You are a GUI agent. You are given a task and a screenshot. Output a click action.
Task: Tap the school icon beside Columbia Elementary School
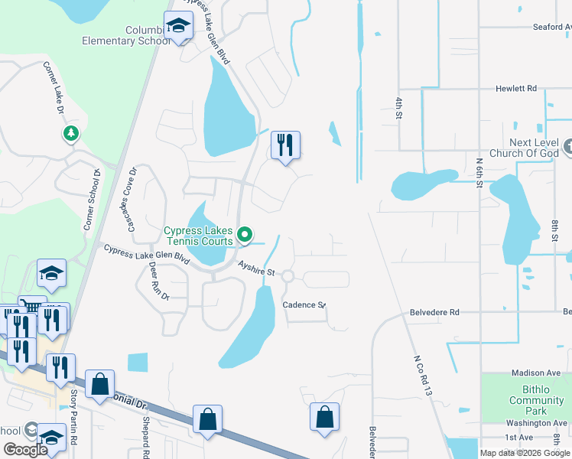click(179, 27)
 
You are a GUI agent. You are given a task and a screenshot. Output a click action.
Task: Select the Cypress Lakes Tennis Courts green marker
click(245, 235)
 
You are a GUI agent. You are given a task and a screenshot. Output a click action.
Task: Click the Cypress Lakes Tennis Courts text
click(198, 236)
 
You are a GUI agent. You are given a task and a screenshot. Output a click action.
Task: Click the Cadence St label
click(304, 304)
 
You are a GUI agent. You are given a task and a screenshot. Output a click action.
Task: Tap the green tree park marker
click(71, 134)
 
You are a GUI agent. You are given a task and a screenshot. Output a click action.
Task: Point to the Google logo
click(25, 449)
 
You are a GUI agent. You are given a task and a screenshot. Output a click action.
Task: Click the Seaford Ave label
click(551, 26)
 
